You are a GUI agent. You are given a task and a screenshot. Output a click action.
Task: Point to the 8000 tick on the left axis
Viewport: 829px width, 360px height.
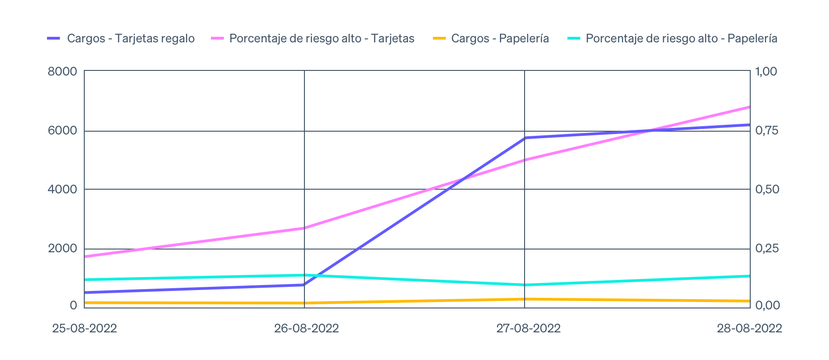(62, 72)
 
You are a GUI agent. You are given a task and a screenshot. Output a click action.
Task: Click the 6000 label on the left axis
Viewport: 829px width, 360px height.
(62, 131)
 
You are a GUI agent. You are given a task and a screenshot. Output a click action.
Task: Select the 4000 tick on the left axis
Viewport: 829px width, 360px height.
(62, 189)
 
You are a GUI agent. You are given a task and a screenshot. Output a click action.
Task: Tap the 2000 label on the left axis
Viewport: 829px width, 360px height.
(62, 249)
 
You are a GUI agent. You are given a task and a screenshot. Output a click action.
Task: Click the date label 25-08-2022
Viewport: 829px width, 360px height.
(84, 328)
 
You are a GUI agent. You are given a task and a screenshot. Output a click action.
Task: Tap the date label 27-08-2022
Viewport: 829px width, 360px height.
(528, 328)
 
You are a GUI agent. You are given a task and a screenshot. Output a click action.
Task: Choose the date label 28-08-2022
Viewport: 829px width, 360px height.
(749, 328)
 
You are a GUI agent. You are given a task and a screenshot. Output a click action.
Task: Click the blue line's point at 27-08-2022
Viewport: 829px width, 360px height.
(525, 138)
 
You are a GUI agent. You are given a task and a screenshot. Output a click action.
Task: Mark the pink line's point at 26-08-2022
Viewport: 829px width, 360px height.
(304, 228)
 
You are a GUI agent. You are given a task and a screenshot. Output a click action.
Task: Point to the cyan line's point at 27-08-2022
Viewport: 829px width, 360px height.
(525, 285)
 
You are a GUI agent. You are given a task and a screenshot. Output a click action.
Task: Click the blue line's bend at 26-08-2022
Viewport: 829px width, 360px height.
(304, 285)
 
